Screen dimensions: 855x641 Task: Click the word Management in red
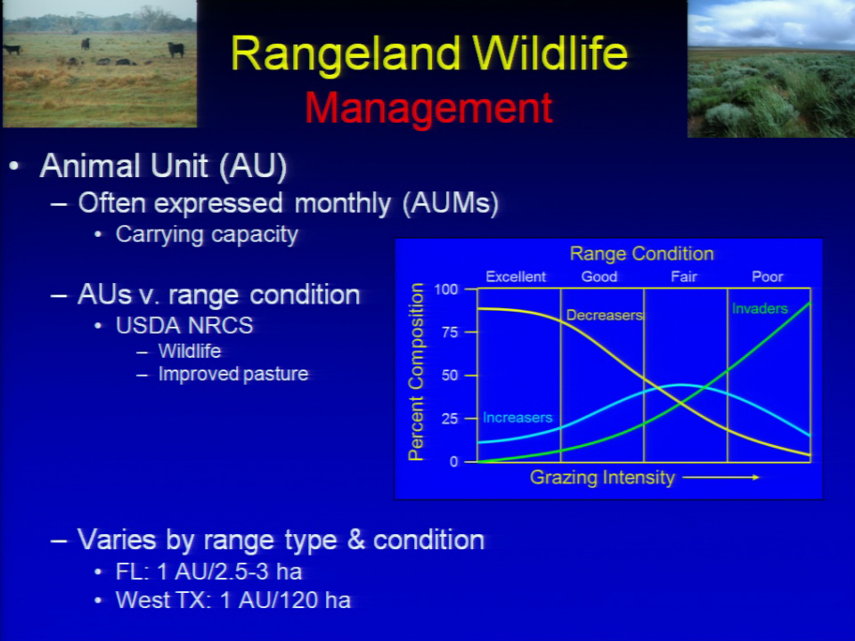click(428, 108)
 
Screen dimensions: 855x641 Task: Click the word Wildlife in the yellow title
click(550, 53)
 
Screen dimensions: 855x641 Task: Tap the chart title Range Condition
click(641, 254)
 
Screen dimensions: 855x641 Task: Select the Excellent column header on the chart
click(516, 276)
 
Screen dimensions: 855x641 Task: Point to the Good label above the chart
click(599, 276)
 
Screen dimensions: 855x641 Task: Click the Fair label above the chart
click(684, 276)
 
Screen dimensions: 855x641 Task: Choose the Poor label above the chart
click(767, 276)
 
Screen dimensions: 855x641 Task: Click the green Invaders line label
click(760, 309)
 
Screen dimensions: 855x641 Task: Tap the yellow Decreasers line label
click(605, 315)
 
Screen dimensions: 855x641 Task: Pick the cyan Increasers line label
click(517, 418)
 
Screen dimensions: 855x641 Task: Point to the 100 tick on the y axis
click(446, 288)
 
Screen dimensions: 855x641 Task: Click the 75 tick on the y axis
click(450, 332)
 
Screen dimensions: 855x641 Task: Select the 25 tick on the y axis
click(450, 418)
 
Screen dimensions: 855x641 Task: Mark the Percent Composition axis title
click(416, 372)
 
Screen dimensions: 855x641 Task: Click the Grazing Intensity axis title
click(602, 477)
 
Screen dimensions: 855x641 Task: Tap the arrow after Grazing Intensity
click(721, 477)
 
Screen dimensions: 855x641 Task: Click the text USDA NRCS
click(184, 326)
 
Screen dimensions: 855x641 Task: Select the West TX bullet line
click(232, 600)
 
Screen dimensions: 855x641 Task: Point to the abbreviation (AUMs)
click(451, 203)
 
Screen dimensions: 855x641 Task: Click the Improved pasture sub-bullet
click(232, 374)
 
